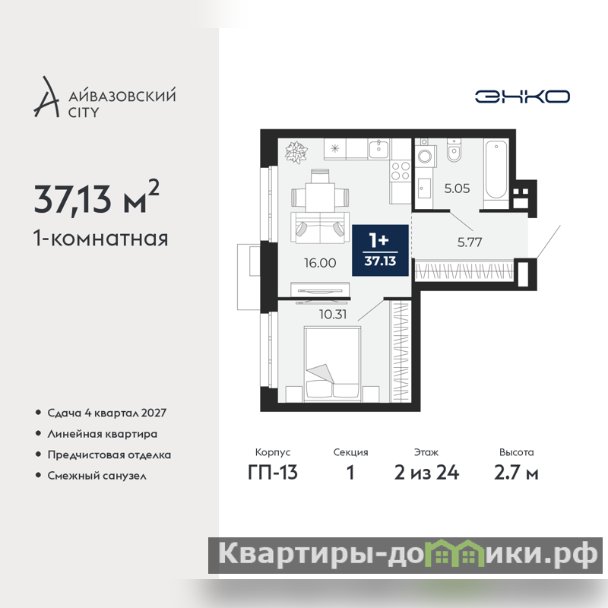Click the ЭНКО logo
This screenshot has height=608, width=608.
click(522, 97)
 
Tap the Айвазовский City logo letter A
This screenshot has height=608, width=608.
click(46, 97)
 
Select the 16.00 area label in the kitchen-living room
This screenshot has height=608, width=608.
click(320, 263)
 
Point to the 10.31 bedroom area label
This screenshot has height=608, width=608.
click(333, 314)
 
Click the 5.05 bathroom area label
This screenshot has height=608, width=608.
click(457, 188)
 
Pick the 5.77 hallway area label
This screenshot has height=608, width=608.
click(470, 242)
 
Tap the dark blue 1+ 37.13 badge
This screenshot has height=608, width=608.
click(380, 250)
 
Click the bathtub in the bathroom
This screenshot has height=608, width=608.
click(496, 170)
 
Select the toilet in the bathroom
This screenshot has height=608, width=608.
click(453, 150)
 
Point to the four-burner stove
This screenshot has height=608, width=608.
click(401, 171)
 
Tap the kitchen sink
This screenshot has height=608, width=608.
click(378, 148)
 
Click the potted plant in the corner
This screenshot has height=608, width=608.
click(296, 151)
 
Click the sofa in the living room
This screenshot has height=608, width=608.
click(320, 227)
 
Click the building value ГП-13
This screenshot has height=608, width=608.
click(273, 472)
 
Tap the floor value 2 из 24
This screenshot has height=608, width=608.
click(426, 472)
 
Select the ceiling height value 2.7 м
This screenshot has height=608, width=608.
click(516, 472)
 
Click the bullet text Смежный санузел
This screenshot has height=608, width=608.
click(97, 476)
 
